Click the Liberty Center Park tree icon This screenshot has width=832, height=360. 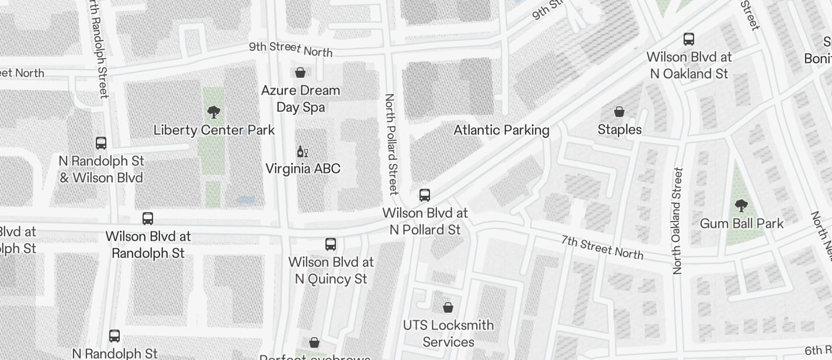click(214, 112)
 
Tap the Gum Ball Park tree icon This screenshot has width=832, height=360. click(741, 206)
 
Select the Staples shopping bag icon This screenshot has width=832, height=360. click(619, 112)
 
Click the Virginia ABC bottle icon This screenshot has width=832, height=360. click(302, 152)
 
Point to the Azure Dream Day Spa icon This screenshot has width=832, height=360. click(300, 72)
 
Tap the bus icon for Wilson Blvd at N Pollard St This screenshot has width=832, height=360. click(425, 195)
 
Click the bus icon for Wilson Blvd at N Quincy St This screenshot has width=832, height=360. click(331, 244)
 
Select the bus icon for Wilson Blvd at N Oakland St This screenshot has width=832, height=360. click(689, 40)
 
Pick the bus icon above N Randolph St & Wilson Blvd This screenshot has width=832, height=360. click(101, 143)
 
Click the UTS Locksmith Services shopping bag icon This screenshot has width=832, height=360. click(448, 307)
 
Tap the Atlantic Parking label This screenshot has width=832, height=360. click(501, 130)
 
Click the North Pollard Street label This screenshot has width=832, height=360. click(391, 143)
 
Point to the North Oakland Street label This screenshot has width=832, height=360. click(678, 221)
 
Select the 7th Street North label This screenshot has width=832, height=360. click(602, 247)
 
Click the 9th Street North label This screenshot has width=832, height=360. click(290, 49)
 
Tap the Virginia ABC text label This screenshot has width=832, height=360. click(303, 169)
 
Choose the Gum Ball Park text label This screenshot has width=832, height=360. click(741, 223)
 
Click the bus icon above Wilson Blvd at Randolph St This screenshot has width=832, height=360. click(148, 219)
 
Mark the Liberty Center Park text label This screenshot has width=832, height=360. click(214, 130)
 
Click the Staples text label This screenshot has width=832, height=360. click(619, 129)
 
